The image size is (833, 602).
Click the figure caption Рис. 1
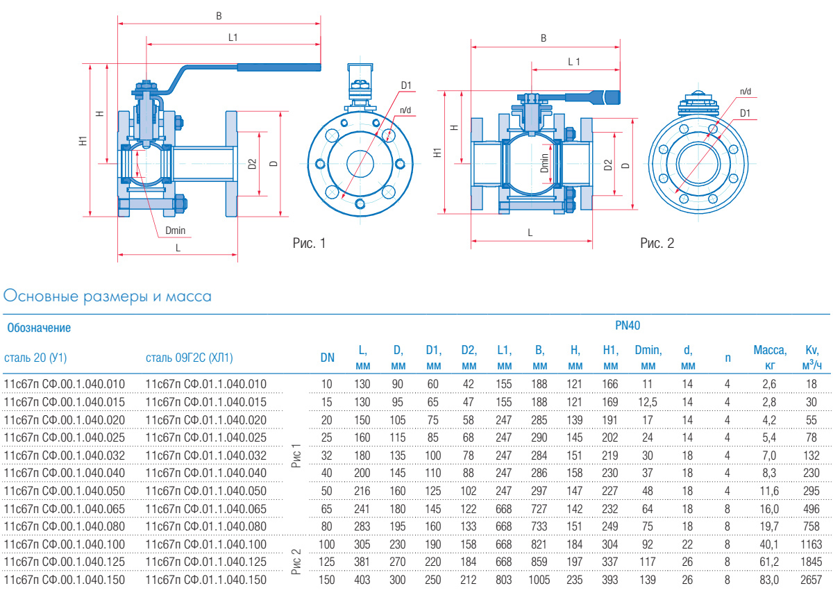(309, 243)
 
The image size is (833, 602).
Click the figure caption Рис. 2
(657, 243)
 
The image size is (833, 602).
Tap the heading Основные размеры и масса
(108, 297)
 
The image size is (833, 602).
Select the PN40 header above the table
(628, 324)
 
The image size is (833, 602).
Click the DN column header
(327, 358)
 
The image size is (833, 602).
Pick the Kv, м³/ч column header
(811, 358)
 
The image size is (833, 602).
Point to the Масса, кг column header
(770, 358)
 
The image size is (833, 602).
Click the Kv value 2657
(811, 579)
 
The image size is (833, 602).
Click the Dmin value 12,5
(648, 401)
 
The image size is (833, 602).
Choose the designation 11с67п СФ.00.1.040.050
(65, 490)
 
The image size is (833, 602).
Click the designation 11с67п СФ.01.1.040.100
(206, 544)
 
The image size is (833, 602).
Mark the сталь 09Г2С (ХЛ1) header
(190, 358)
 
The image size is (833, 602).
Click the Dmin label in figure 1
(175, 231)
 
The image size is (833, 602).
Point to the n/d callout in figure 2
(746, 91)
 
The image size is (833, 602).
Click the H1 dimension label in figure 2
(437, 152)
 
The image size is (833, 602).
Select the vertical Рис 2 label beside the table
(296, 561)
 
